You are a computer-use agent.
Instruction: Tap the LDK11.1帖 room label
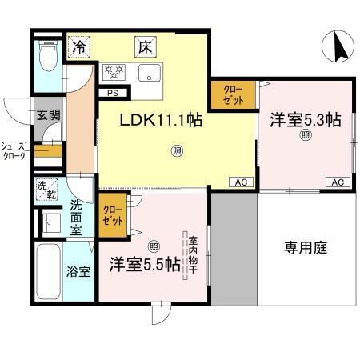161,120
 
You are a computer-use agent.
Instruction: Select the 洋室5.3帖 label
305,120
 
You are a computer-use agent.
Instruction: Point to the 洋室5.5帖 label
144,264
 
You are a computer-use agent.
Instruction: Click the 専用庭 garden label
306,247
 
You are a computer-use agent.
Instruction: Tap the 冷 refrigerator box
79,47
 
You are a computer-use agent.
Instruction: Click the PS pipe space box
112,92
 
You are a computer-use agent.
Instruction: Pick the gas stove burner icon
117,73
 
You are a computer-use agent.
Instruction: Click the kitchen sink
150,74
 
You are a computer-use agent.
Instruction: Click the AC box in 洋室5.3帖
338,182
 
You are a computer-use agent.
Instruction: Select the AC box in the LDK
240,182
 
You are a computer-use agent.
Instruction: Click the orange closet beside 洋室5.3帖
234,95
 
